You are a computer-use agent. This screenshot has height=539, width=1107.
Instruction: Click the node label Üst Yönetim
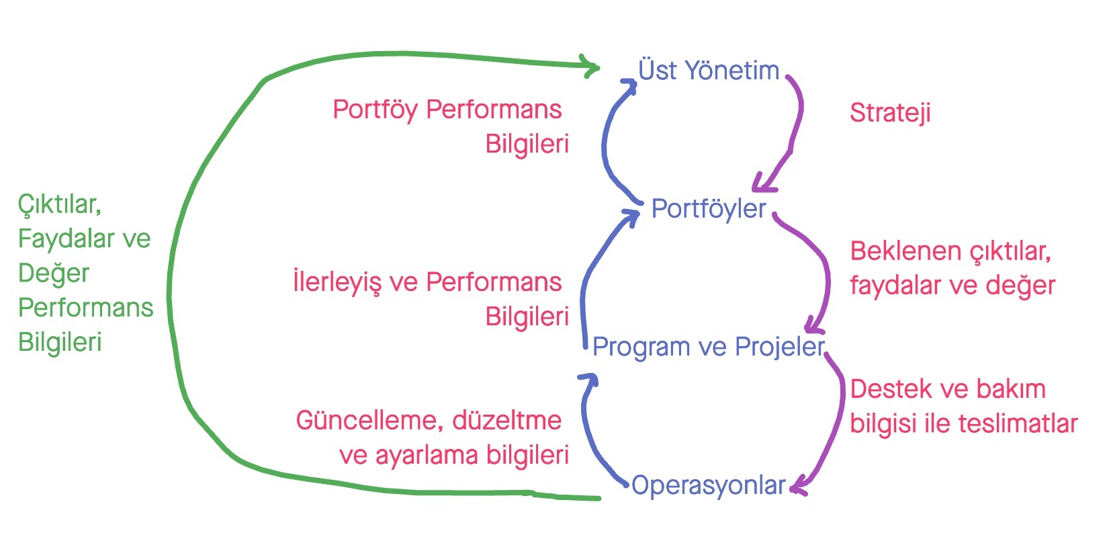coord(708,71)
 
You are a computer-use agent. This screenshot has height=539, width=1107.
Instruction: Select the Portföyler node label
coord(708,209)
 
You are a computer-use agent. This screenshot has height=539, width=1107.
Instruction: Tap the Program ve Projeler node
coord(708,347)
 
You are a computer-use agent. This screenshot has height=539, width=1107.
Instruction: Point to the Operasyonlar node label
coord(708,485)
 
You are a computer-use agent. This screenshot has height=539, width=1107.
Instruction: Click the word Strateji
coord(890,113)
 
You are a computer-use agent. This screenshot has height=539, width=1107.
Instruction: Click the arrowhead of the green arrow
coord(591,66)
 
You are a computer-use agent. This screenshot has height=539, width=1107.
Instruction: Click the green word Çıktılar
coord(59,204)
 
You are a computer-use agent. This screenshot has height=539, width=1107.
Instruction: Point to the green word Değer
coord(54,274)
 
